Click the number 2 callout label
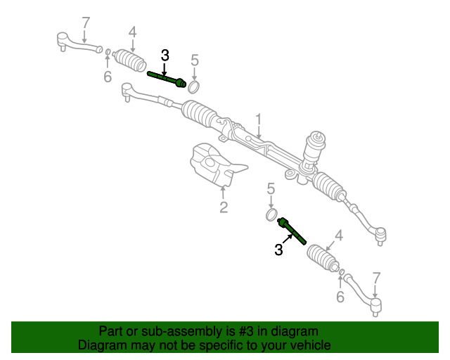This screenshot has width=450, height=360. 223,207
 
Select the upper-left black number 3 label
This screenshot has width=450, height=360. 165,56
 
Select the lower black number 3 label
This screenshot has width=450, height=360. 279,249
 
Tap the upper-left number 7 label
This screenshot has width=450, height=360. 86,23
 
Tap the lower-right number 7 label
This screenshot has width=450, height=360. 376,278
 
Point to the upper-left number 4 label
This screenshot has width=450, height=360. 132,32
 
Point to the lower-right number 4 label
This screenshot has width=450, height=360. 339,236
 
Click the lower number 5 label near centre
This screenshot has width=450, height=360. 270,188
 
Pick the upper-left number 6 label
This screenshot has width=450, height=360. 108,76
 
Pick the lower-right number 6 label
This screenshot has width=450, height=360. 340,297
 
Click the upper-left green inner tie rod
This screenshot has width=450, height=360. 167,79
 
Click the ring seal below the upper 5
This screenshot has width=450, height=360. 194,86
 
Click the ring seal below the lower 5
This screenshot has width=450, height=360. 271,213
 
